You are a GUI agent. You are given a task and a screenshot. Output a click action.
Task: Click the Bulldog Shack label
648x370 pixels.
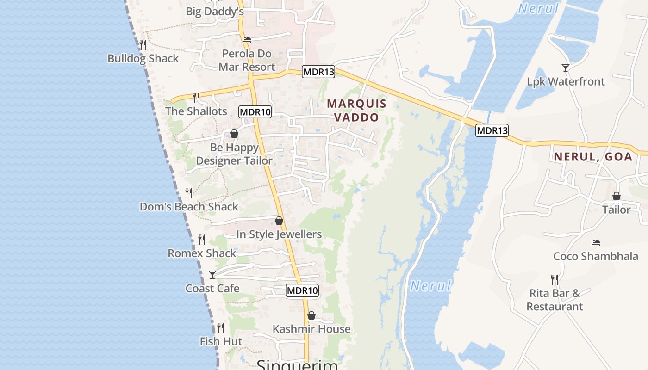(x=143, y=58)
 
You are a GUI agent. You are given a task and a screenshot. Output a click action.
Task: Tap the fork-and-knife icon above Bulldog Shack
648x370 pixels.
(x=143, y=45)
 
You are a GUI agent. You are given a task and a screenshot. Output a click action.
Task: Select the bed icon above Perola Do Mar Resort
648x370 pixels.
(x=247, y=40)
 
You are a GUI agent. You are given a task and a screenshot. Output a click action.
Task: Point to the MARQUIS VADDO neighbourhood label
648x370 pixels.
(x=356, y=110)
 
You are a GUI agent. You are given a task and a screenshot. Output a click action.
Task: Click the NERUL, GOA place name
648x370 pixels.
(x=593, y=156)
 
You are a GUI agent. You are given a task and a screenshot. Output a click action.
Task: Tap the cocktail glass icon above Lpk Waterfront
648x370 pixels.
(x=565, y=68)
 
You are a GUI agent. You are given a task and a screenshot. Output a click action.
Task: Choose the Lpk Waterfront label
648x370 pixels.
(x=566, y=81)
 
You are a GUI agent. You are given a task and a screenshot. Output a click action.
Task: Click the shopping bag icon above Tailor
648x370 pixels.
(x=616, y=196)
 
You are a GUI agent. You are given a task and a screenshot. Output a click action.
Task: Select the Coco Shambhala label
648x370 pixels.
(x=596, y=256)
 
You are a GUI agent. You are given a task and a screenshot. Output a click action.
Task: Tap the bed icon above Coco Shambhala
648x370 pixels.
(x=596, y=242)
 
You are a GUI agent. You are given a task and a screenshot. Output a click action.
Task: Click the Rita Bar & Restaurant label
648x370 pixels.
(x=555, y=300)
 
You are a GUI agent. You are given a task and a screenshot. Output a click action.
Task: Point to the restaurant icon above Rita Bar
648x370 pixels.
(x=554, y=279)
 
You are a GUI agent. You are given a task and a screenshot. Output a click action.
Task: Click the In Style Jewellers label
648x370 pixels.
(x=279, y=234)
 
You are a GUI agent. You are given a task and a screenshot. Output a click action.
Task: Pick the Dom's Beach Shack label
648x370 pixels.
(x=189, y=206)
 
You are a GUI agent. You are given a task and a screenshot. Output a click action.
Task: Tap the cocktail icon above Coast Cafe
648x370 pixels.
(x=212, y=275)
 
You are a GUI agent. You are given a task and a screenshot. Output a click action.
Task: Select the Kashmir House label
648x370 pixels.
(x=311, y=329)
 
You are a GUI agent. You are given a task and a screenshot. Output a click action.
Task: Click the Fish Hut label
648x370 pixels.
(x=221, y=341)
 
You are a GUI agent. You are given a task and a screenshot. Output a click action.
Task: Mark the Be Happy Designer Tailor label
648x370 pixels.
(x=234, y=154)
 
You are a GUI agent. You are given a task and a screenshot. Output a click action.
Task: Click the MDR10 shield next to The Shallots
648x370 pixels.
(x=255, y=111)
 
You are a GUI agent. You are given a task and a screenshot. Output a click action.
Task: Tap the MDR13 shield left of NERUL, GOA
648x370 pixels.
(x=492, y=130)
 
